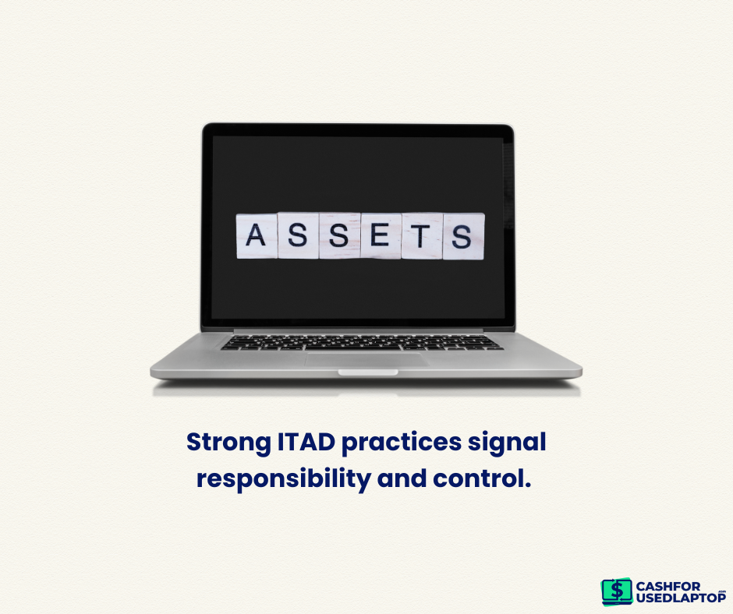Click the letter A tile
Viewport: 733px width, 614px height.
(257, 236)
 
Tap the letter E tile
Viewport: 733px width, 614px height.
(381, 235)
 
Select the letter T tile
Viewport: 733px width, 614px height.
(422, 236)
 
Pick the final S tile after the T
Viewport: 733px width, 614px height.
(464, 236)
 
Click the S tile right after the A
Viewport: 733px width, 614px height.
(298, 235)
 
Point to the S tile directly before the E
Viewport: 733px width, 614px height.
(340, 235)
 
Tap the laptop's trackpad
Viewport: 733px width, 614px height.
(367, 359)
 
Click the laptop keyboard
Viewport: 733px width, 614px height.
(363, 342)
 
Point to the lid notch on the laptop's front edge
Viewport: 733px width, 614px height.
(368, 372)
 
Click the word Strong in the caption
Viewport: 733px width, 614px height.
(228, 443)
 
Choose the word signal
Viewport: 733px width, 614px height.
(507, 443)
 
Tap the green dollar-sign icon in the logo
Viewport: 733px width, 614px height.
(617, 591)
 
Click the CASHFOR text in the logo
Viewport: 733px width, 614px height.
(668, 587)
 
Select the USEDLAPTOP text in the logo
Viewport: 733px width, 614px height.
(681, 597)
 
